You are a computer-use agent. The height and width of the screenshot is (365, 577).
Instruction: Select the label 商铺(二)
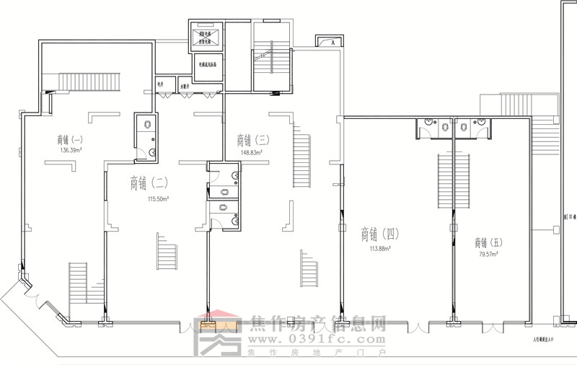(x=149, y=182)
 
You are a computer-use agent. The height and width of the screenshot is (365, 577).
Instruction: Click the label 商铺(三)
(x=252, y=139)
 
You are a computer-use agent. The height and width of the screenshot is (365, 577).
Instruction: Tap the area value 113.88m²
(x=380, y=248)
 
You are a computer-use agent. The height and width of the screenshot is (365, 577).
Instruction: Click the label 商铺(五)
(x=490, y=242)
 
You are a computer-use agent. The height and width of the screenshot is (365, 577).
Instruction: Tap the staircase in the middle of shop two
(x=166, y=253)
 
